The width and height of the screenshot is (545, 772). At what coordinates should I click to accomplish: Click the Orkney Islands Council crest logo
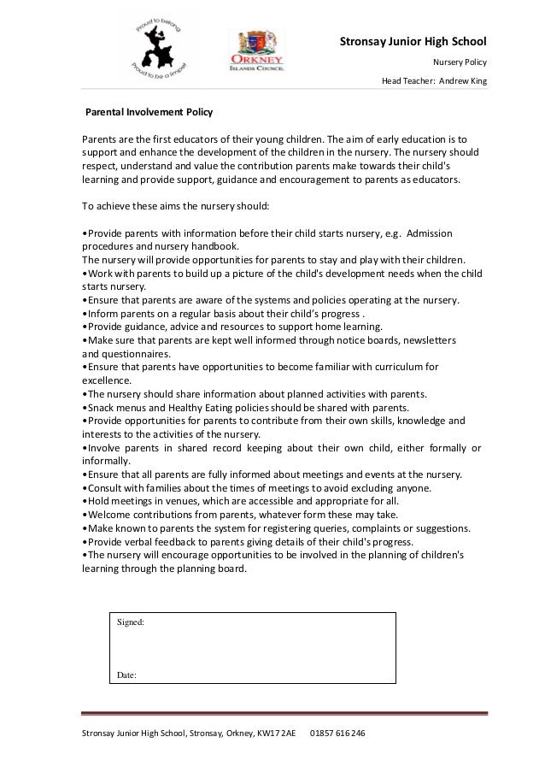pos(257,50)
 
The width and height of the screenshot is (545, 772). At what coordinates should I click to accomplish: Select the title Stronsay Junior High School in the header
pos(413,41)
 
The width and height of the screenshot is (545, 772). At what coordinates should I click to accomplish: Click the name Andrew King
pos(462,82)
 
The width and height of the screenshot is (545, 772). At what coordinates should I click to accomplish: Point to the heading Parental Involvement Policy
pos(149,112)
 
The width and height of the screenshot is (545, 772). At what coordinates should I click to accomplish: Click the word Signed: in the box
pos(131,623)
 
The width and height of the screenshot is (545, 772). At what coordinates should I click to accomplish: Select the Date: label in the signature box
pos(126,675)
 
